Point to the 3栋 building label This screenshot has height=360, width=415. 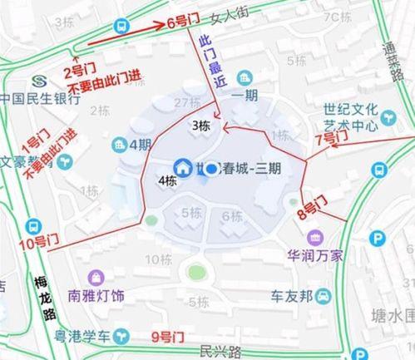coord(200,126)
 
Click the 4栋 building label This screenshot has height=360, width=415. coord(167,180)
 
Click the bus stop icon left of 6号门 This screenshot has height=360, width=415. coord(122,26)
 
